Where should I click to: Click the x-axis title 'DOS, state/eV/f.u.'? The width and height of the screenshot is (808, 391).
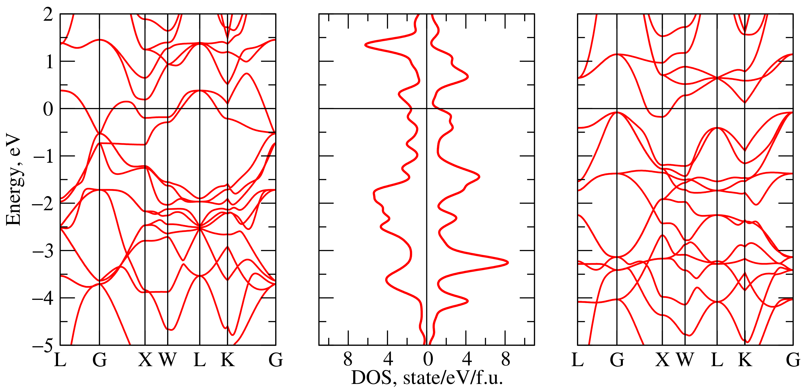pos(427,378)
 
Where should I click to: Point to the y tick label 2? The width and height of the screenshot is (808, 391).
pos(48,14)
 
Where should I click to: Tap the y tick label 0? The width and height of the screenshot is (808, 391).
pos(48,109)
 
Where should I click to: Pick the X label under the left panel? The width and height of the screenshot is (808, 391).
pos(145,360)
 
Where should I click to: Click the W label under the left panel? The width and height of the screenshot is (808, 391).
pos(168,360)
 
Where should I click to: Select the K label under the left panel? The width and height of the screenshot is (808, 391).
pos(227,360)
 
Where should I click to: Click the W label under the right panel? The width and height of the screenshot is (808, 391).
pos(685,360)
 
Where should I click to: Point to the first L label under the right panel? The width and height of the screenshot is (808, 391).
pos(578,360)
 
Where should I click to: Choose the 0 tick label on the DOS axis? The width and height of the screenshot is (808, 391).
pos(427,359)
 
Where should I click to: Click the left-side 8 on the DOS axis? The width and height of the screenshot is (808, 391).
pos(348,359)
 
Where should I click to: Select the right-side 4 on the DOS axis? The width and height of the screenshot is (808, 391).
pos(467,359)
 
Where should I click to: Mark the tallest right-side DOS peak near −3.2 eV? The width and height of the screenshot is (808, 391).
pos(507,263)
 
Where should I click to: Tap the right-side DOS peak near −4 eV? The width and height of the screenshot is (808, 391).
pos(468,301)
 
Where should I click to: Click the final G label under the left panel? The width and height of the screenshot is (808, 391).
pos(276,360)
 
